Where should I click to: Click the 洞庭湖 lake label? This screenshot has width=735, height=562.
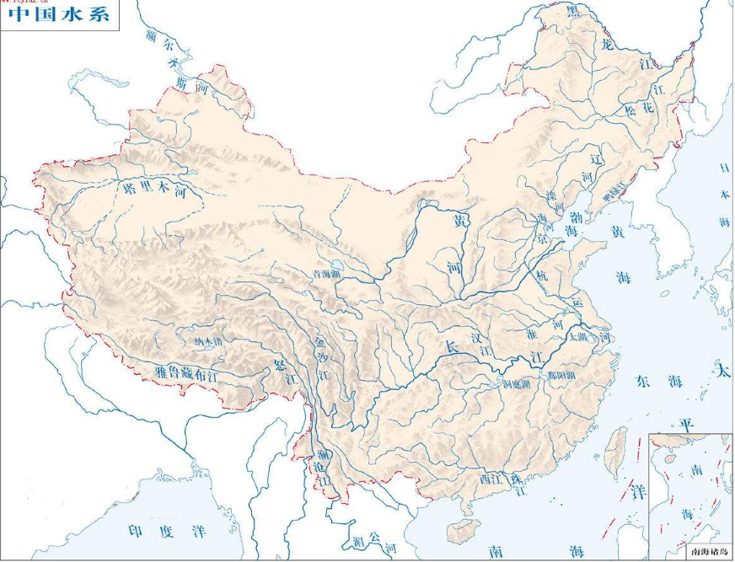pyautogui.click(x=516, y=383)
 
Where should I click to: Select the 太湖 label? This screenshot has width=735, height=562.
pyautogui.click(x=577, y=337)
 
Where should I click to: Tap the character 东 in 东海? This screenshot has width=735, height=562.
pyautogui.click(x=646, y=381)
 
